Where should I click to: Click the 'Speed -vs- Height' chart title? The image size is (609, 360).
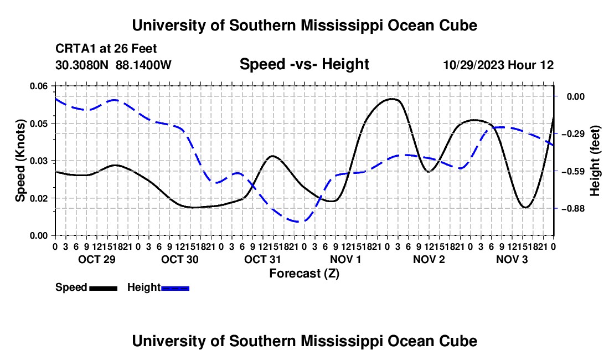click(304, 64)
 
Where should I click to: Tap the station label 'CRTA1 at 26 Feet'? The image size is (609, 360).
click(106, 49)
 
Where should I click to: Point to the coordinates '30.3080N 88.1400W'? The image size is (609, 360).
click(113, 65)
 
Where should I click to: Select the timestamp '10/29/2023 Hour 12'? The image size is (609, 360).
click(498, 65)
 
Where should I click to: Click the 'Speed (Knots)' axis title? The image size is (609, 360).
click(20, 161)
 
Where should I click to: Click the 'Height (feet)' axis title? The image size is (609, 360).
click(595, 161)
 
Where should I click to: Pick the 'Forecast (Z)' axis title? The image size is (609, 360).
click(304, 274)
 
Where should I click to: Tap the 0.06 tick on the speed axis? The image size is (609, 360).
click(39, 86)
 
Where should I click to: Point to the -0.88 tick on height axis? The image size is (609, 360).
click(575, 209)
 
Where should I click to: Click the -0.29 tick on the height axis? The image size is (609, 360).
click(575, 134)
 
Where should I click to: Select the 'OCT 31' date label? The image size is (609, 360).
click(262, 259)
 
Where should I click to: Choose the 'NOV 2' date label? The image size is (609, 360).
click(429, 259)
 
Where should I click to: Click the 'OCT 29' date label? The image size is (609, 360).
click(97, 259)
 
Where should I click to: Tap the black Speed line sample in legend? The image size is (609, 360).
click(103, 289)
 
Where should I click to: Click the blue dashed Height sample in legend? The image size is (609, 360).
click(175, 289)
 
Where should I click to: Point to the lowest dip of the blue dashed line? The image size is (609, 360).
click(298, 222)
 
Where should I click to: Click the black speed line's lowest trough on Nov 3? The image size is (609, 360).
click(525, 207)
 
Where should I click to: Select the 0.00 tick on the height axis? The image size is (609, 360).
click(576, 97)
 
